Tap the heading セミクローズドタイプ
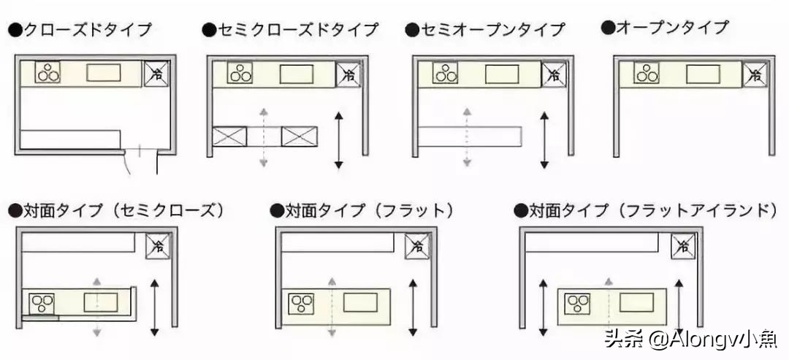[291, 30]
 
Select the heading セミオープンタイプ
[486, 30]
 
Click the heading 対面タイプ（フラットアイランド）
[646, 211]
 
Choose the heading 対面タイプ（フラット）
[362, 211]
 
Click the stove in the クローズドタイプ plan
[48, 73]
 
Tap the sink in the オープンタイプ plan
[702, 74]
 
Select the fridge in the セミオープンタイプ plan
[553, 74]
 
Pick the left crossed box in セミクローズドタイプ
[229, 136]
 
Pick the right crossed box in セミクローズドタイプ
[300, 136]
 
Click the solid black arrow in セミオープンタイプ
[544, 140]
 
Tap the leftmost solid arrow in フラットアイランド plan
[542, 307]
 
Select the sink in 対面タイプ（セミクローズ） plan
[101, 302]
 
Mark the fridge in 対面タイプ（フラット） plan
[417, 246]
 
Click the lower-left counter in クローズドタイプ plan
[70, 139]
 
